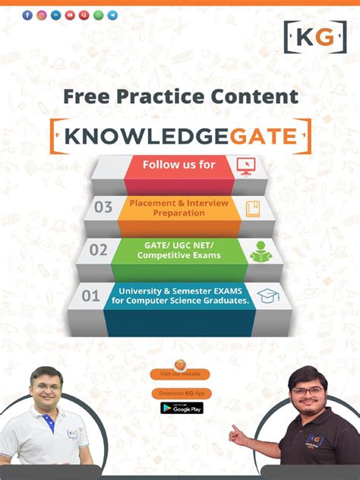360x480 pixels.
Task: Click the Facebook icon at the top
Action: pyautogui.click(x=27, y=15)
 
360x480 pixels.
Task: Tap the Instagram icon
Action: pyautogui.click(x=42, y=15)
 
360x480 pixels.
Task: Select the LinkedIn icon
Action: pyautogui.click(x=56, y=15)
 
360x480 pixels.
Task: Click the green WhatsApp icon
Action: pyautogui.click(x=98, y=15)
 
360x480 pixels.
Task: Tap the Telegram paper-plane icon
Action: pyautogui.click(x=112, y=15)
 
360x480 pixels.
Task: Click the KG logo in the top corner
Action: pyautogui.click(x=309, y=36)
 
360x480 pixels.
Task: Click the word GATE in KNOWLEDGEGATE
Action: pyautogui.click(x=256, y=137)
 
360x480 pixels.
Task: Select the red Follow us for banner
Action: pyautogui.click(x=179, y=165)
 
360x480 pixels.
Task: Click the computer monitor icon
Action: pyautogui.click(x=245, y=165)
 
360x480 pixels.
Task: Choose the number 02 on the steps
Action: pyautogui.click(x=98, y=249)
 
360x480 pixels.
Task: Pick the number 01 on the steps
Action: pyautogui.click(x=90, y=295)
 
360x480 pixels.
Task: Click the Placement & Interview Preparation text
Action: pyautogui.click(x=178, y=207)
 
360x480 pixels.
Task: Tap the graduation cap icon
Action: pyautogui.click(x=267, y=295)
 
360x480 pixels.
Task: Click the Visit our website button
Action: pyautogui.click(x=180, y=374)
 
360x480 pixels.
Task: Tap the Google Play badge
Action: pyautogui.click(x=182, y=408)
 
